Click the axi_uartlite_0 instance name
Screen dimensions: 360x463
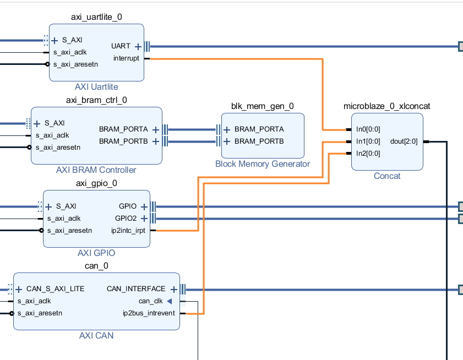[96, 17]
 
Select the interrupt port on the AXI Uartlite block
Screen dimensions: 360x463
[126, 58]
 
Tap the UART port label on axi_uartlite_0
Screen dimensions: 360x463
[121, 46]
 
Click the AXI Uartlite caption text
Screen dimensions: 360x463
[96, 87]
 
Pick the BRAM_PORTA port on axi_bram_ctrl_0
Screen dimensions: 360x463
[123, 129]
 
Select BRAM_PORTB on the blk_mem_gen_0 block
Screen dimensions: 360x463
[259, 141]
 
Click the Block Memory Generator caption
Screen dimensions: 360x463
[263, 163]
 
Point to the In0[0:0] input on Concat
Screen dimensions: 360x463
[368, 129]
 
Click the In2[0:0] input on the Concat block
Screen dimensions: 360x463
[368, 154]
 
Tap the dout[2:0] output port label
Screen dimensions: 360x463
[404, 141]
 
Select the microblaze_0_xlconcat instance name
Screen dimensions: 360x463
[386, 106]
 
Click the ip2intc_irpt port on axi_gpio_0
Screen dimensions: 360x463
[128, 231]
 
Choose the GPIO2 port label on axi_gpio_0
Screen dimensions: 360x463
[126, 219]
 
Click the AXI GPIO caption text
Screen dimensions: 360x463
[96, 253]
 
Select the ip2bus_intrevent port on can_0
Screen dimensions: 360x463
[149, 313]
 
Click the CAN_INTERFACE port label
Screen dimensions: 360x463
[135, 289]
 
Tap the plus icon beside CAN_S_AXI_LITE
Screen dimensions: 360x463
[19, 289]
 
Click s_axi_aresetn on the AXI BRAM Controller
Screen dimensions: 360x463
[58, 147]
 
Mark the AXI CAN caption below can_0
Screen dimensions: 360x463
[96, 335]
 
